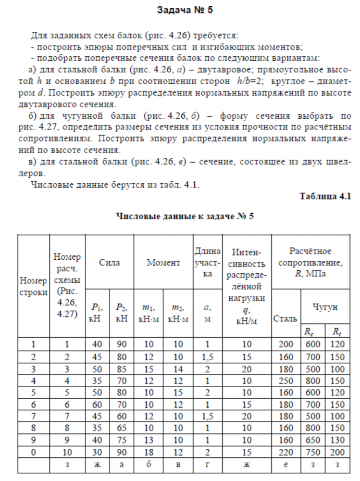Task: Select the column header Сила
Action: (110, 263)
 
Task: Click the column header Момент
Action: (163, 263)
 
